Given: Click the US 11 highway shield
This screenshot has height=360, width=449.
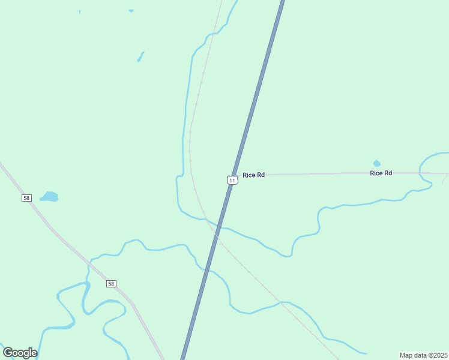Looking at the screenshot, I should tap(232, 179).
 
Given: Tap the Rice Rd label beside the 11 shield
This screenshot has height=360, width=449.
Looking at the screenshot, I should tap(253, 175).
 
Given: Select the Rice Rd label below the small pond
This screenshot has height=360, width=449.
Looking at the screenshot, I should tap(381, 173).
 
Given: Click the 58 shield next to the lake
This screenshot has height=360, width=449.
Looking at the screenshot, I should tap(26, 197).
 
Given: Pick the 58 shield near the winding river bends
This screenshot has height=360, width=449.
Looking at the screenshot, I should tap(111, 283).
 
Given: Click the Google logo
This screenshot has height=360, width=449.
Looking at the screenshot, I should tap(20, 353).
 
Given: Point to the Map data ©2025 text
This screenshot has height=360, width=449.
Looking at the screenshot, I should tap(423, 355).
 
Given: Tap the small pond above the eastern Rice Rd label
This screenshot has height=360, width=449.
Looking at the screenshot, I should tap(376, 163).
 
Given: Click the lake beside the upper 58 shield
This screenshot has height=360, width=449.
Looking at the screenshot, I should tap(49, 196).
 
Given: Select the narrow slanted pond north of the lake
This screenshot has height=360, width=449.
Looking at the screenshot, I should tap(140, 56).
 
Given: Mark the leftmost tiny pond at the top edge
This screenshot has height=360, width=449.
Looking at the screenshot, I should tap(79, 11).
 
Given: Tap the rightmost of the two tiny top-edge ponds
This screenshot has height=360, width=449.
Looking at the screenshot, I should tap(131, 10).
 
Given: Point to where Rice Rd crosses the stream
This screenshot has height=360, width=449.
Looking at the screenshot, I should tap(423, 173).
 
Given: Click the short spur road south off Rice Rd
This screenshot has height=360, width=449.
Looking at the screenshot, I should tap(444, 178).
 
